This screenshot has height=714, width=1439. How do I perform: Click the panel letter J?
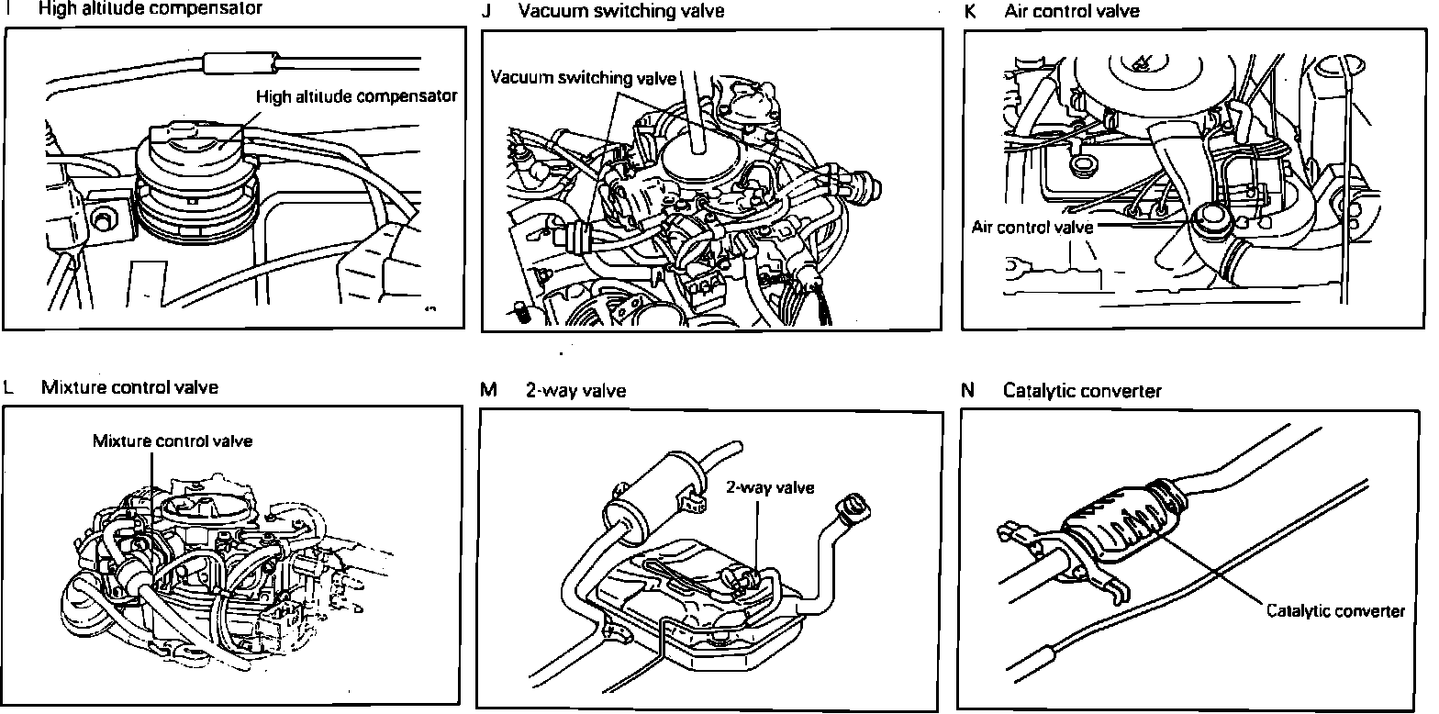point(486,12)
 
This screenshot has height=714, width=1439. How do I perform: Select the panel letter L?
point(8,387)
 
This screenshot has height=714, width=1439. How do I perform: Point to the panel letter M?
point(488,390)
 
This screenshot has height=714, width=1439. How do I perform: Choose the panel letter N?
point(968,391)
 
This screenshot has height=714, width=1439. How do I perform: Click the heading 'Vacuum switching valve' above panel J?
point(620,12)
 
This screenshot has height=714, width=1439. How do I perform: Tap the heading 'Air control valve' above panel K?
point(1072,12)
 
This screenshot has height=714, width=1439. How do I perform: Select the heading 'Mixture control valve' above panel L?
point(129,387)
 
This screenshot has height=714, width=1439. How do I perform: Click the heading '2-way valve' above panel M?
point(575,390)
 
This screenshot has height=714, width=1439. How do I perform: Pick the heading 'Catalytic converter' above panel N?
point(1082,391)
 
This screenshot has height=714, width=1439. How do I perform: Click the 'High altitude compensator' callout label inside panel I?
point(356,95)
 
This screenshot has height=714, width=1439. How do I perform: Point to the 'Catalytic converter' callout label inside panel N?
point(1335,610)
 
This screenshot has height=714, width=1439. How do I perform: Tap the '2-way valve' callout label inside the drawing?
point(769,487)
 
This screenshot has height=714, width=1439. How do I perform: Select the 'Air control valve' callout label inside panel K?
point(1032,228)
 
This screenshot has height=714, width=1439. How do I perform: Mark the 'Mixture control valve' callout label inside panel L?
point(173,441)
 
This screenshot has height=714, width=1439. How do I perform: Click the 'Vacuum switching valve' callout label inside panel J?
point(583,77)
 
